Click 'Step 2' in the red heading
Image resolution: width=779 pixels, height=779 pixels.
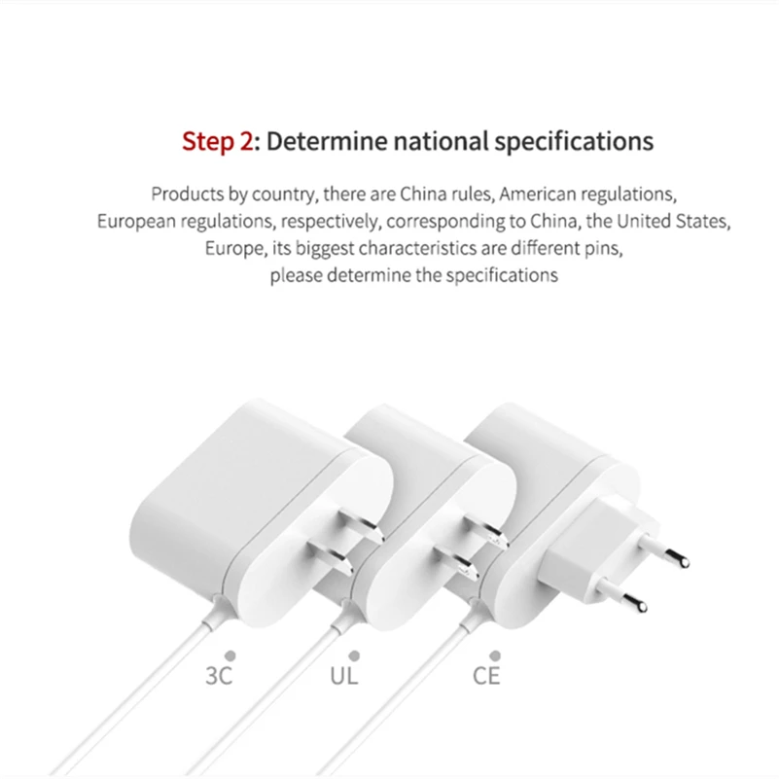tap(218, 142)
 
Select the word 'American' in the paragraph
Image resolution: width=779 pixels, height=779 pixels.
tap(538, 194)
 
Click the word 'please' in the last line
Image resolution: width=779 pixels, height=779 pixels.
tap(295, 275)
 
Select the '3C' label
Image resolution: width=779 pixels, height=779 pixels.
tap(220, 674)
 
